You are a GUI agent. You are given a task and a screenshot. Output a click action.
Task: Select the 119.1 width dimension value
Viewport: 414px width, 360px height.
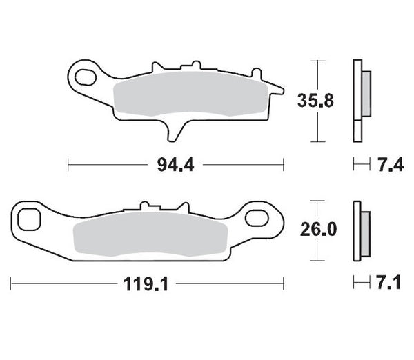pos(146,283)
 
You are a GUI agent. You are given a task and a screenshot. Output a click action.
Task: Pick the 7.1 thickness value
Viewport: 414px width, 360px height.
pos(388,283)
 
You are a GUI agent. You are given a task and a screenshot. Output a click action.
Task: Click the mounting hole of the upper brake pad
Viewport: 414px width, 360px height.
pos(86,72)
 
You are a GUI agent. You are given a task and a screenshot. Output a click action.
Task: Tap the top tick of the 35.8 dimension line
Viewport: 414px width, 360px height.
pos(317,61)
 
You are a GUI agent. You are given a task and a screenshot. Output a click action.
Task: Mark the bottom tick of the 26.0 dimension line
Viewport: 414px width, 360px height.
pos(317,261)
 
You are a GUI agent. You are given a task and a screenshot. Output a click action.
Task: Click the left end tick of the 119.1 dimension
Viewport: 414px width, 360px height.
pos(11,283)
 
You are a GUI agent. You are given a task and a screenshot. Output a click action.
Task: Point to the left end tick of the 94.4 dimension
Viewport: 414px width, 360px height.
pos(68,165)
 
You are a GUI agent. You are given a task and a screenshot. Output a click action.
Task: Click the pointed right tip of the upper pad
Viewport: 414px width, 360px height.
pos(282,88)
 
